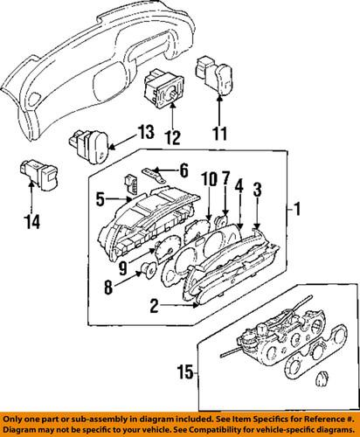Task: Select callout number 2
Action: [154, 306]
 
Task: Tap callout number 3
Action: [257, 189]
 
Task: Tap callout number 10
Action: [207, 180]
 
